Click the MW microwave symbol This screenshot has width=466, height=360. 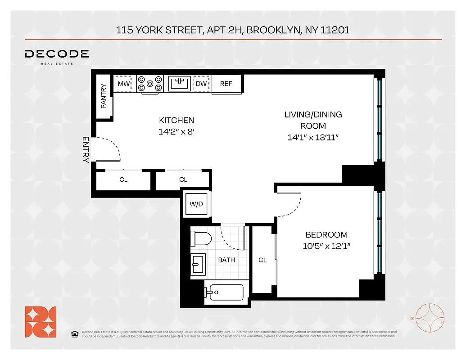coord(124,84)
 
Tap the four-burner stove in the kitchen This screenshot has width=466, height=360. coord(150,84)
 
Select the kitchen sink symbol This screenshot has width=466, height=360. coord(180,83)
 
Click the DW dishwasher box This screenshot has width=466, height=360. coord(201,84)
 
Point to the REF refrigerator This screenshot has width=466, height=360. coord(226,84)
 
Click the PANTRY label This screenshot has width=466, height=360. coord(104,96)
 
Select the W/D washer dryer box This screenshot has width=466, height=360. coord(196,204)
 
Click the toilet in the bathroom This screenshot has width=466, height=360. coord(199,238)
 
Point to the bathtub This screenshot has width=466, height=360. coord(224,292)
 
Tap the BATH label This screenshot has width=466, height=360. coord(226,260)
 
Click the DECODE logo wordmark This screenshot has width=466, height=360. coord(57,54)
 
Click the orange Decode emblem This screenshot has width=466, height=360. coord(41,321)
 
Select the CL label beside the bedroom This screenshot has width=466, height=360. coord(262,260)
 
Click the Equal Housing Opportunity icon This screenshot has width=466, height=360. coord(75,333)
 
